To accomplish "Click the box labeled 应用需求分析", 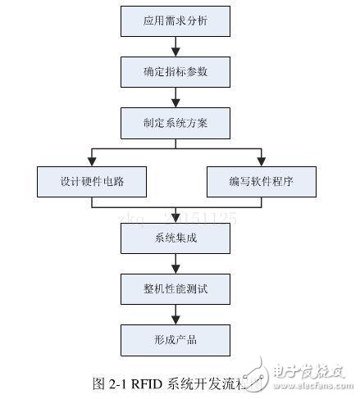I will click(x=175, y=20).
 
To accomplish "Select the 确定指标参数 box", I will click(x=175, y=72).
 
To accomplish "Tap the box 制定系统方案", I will click(x=175, y=124).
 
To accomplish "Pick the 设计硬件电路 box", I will click(x=91, y=182).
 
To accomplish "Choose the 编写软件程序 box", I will click(x=260, y=182).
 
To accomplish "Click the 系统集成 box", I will click(x=175, y=238).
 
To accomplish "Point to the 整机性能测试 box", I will click(x=175, y=288).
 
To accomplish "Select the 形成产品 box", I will click(x=175, y=339).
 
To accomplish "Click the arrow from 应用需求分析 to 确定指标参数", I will click(x=175, y=46).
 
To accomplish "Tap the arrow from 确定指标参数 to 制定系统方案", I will click(x=175, y=97).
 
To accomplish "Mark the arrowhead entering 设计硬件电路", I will click(x=91, y=161).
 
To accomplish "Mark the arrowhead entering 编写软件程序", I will click(x=260, y=161).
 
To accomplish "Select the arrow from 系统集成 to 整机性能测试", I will click(x=175, y=263).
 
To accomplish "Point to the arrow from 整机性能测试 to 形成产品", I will click(x=175, y=314).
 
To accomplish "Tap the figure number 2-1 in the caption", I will click(x=117, y=382).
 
